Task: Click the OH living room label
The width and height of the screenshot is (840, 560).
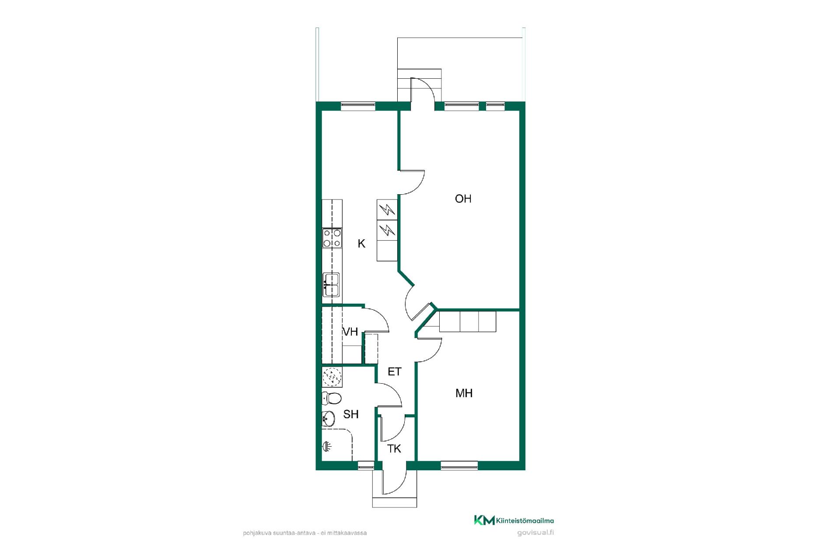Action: (463, 199)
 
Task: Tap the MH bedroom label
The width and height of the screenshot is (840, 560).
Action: (464, 393)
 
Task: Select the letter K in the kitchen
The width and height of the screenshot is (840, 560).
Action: (361, 244)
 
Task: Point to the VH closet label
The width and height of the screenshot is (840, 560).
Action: (350, 332)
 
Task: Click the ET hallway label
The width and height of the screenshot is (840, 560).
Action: (395, 371)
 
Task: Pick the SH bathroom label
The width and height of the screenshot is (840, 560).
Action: (351, 414)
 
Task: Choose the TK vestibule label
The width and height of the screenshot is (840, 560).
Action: (394, 448)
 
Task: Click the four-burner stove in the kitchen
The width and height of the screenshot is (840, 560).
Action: (332, 238)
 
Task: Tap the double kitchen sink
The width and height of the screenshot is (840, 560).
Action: (331, 284)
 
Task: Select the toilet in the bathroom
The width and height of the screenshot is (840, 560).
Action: (332, 399)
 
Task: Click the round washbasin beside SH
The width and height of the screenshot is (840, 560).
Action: (329, 419)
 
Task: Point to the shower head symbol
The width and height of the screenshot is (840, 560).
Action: (327, 446)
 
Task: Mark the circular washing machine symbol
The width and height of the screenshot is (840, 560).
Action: (332, 377)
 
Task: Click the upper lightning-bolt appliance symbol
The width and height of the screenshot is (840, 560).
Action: (387, 210)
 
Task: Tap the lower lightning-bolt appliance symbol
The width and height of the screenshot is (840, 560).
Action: (387, 230)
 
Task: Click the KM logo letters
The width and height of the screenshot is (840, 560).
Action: (484, 520)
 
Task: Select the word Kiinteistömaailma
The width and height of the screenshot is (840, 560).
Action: (525, 521)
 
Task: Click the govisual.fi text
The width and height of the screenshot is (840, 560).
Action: (535, 533)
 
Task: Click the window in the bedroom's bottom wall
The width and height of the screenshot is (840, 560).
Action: (459, 465)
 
